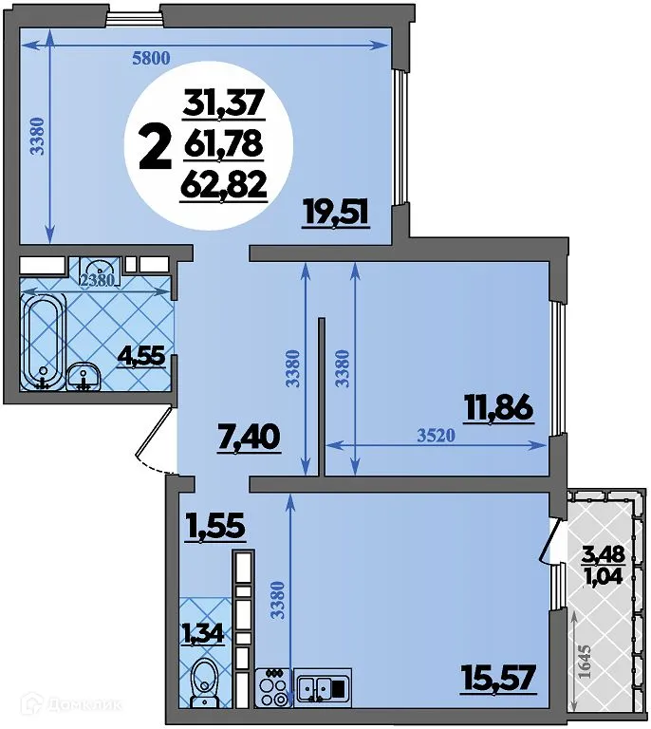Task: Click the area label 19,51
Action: click(335, 210)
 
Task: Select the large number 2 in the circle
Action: click(155, 147)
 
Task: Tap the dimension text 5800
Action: click(151, 58)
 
